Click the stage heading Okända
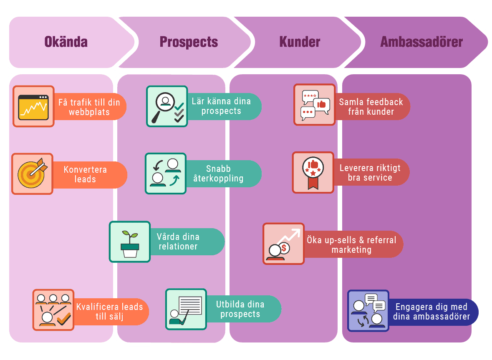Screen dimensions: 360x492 tap(66, 42)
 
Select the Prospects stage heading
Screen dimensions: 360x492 tap(189, 42)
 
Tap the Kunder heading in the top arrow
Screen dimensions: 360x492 tap(300, 42)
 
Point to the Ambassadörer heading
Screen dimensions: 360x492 tap(421, 42)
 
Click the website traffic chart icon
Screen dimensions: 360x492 tap(33, 106)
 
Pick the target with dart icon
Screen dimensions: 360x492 tap(33, 174)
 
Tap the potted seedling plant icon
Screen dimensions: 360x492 tap(130, 242)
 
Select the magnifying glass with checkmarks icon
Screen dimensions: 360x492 tap(167, 106)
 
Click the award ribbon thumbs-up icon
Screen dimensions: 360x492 tap(313, 173)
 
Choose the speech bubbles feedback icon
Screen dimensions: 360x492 tap(315, 105)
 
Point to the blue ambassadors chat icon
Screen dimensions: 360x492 tap(368, 311)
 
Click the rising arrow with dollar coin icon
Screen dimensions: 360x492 tap(284, 244)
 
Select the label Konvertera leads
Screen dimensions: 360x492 tap(85, 175)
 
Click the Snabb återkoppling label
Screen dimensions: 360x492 tap(224, 174)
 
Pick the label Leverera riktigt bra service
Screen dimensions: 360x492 tap(370, 173)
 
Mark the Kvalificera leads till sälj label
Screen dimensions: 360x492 tap(109, 312)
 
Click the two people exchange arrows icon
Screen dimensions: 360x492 tap(166, 173)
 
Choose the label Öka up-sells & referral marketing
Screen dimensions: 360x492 tap(351, 245)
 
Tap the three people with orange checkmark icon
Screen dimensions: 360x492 tap(53, 310)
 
